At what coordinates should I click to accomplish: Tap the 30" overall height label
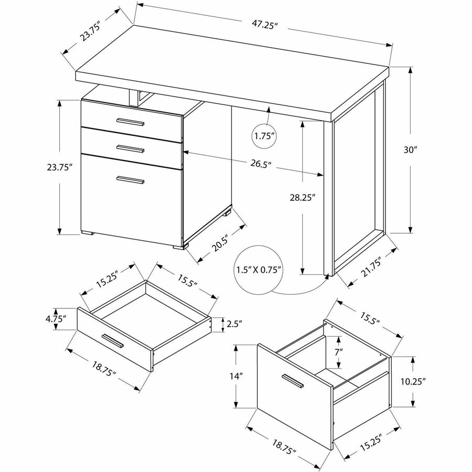pos(410,149)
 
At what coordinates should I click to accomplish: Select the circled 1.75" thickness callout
pos(265,136)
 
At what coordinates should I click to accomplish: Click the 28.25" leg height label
pos(305,198)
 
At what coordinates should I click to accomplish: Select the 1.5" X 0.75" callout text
pos(259,270)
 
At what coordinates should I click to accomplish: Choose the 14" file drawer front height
pos(236,376)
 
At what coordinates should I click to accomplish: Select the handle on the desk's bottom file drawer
pos(130,180)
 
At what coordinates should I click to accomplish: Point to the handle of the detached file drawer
pos(293,381)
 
